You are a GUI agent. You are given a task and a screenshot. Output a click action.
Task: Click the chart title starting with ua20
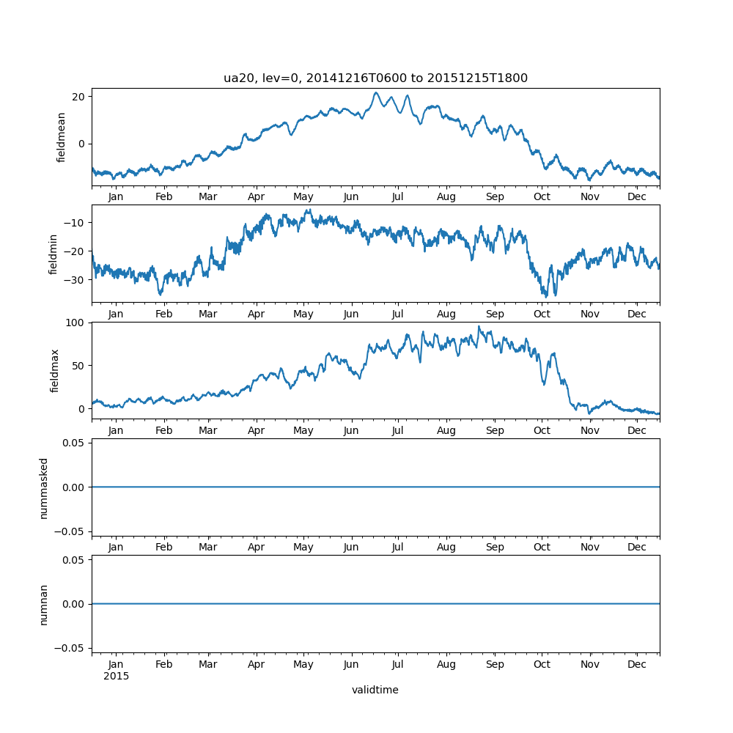tap(375, 78)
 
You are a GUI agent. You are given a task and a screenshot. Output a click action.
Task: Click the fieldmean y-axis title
tap(62, 137)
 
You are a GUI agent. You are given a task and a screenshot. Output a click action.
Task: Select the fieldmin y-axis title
tap(54, 254)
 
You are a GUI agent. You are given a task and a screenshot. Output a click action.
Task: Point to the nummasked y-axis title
tap(44, 487)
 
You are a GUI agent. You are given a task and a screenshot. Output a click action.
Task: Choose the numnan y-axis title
tap(44, 604)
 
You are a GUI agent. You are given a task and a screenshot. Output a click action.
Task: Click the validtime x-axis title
tap(375, 690)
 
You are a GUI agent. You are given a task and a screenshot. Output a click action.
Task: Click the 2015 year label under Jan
tap(116, 676)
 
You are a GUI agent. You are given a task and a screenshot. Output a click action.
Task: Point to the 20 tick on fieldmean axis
tap(77, 97)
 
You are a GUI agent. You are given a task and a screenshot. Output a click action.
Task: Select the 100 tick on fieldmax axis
tap(75, 323)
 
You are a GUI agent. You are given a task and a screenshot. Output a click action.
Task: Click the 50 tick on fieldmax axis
tap(77, 365)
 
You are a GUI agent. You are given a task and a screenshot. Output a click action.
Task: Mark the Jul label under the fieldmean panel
tap(397, 197)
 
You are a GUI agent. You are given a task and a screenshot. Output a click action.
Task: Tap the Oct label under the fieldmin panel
tap(542, 314)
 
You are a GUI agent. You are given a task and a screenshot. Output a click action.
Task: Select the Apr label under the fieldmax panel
tap(256, 430)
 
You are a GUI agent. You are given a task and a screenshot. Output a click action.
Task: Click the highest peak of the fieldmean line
tap(376, 93)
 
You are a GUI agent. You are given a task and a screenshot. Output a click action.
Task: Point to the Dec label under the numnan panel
tap(637, 664)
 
